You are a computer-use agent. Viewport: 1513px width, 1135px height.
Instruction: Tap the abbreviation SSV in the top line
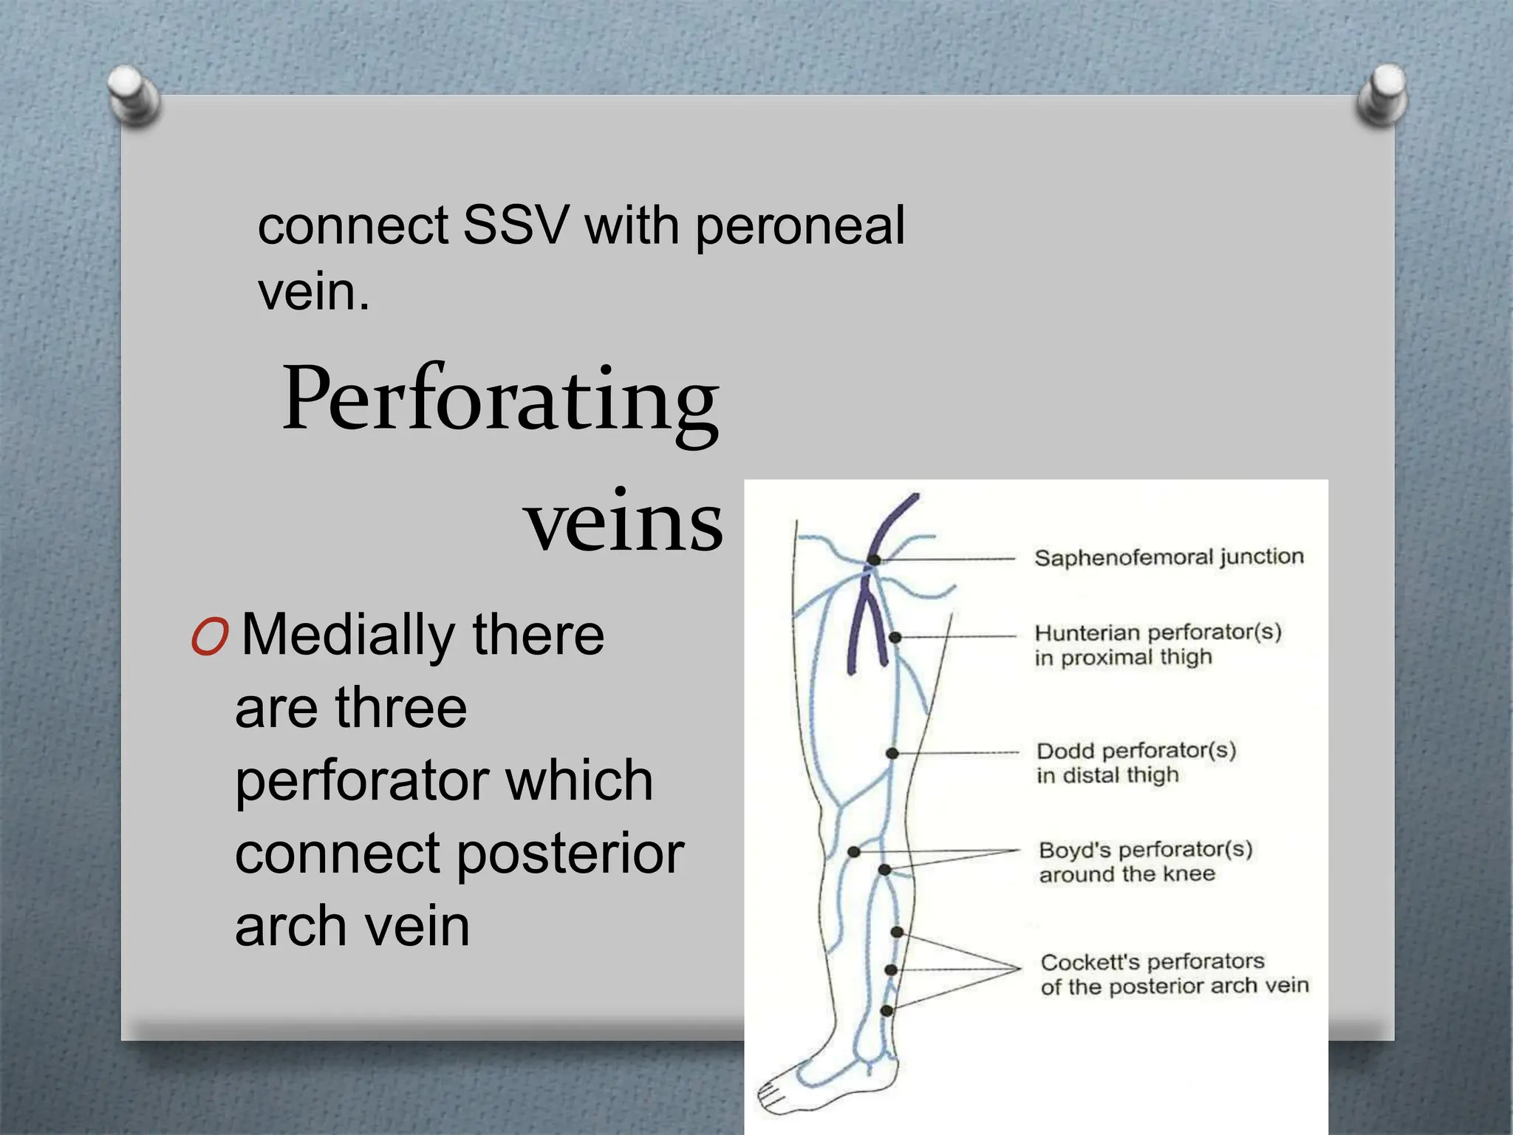point(516,225)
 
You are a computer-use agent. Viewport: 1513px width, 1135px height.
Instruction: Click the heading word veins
point(623,522)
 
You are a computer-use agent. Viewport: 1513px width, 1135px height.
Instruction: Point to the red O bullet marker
point(210,637)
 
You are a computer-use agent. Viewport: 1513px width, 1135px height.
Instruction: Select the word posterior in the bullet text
point(570,853)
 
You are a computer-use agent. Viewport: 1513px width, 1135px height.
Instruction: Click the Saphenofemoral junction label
point(1168,557)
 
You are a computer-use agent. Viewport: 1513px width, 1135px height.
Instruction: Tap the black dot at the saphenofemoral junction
point(874,560)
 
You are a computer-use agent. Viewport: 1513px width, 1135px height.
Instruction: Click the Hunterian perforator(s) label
point(1157,633)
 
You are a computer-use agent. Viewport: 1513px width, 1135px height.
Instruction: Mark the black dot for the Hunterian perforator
point(895,637)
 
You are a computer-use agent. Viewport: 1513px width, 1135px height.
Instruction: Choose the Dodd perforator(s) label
point(1135,751)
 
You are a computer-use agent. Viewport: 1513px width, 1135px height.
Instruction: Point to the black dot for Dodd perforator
point(892,753)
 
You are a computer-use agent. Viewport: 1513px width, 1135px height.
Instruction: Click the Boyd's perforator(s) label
point(1145,850)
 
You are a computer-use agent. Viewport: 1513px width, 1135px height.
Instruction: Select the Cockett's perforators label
point(1152,962)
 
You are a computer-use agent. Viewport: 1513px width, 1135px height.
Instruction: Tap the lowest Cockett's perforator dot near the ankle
point(887,1011)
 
